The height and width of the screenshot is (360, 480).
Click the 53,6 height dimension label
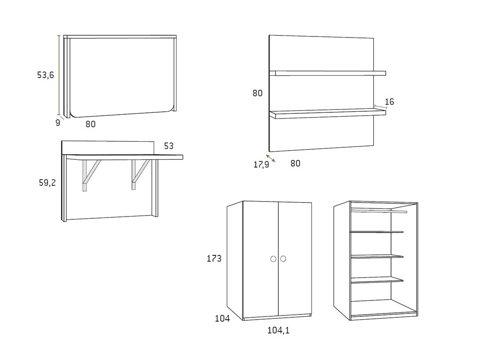point(45,75)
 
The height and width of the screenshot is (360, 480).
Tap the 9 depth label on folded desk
point(58,123)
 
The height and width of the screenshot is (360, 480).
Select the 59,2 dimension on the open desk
point(47,183)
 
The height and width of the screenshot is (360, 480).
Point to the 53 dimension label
point(168,146)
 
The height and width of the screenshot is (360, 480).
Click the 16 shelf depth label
point(389,102)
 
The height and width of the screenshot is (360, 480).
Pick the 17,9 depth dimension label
point(261,165)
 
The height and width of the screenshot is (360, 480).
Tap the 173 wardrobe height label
point(214,259)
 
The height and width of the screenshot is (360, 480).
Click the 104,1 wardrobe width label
point(278,330)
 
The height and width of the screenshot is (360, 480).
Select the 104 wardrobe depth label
point(222,319)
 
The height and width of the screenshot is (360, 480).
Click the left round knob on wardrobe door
point(274,259)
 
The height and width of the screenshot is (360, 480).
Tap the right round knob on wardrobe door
point(283,259)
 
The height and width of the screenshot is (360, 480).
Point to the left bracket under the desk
point(90,175)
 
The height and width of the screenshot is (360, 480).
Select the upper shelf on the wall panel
point(327,73)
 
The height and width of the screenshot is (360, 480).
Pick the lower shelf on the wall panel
point(327,114)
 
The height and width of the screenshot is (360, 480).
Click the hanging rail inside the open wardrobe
point(379,211)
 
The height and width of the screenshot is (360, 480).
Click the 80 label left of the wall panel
point(257,93)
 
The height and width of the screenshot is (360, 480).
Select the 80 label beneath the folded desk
point(91,124)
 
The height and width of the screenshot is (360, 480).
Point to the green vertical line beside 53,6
point(59,75)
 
